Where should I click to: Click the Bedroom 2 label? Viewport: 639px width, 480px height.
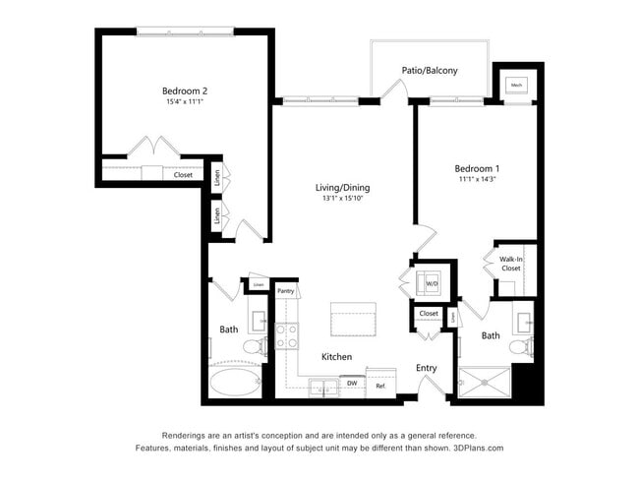tap(185, 90)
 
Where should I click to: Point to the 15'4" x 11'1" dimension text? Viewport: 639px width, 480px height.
tap(185, 102)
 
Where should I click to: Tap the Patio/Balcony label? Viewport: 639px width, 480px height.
tap(429, 71)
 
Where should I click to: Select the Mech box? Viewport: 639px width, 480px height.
tap(516, 86)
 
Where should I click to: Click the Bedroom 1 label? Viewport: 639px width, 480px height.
tap(476, 167)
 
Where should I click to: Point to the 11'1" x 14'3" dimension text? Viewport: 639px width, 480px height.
tap(476, 179)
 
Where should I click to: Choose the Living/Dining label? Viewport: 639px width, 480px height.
tap(342, 188)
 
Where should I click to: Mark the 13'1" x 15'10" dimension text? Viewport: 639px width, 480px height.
tap(342, 200)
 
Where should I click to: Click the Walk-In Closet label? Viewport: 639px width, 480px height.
tap(510, 263)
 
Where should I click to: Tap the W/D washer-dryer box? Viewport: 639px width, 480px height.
tap(431, 283)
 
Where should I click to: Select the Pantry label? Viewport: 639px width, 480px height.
tap(285, 291)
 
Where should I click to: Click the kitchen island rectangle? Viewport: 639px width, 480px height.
tap(353, 321)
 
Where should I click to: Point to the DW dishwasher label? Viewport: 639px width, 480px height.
tap(351, 383)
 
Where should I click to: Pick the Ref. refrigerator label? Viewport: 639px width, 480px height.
tap(380, 386)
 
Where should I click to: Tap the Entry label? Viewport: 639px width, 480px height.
tap(426, 368)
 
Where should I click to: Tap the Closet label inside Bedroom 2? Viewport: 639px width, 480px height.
tap(183, 175)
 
